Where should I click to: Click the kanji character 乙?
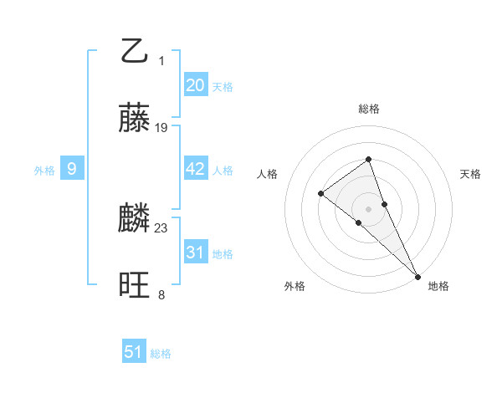134,51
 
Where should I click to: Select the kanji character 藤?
134,118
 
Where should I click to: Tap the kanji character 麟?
134,219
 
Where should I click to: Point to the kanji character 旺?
134,286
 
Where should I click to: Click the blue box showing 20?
196,85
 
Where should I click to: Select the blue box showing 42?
196,169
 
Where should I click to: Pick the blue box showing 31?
196,252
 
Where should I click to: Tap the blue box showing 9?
72,169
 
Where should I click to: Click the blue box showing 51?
134,352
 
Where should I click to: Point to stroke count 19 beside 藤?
161,128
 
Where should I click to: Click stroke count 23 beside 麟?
161,227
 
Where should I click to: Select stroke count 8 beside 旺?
161,294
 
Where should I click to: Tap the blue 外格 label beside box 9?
44,171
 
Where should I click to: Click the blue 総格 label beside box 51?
161,354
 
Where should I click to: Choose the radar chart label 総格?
368,109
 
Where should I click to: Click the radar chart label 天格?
470,174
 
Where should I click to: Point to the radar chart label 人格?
267,174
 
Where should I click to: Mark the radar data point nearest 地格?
417,275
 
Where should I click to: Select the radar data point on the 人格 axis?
321,194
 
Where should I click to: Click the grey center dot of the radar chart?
368,208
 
